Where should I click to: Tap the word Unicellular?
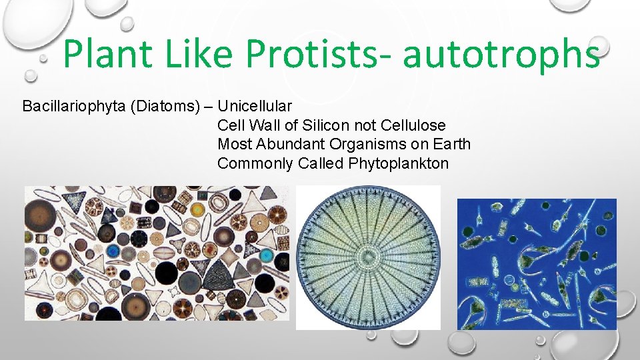click(255, 106)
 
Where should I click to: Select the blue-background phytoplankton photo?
click(537, 263)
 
